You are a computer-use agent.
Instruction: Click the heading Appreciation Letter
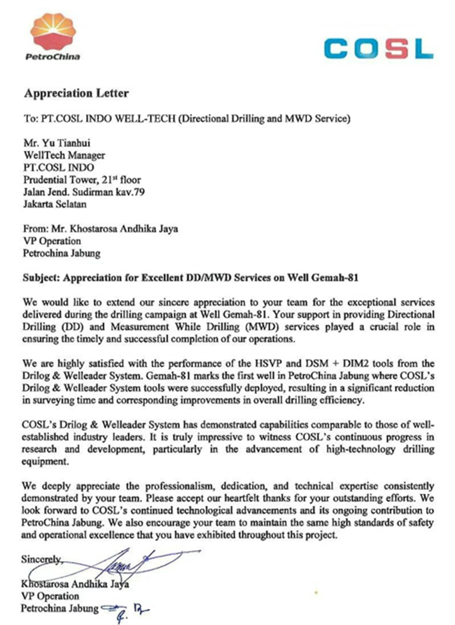[x=76, y=93]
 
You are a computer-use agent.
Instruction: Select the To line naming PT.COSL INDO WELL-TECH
[x=186, y=117]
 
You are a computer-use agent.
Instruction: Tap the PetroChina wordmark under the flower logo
[x=52, y=57]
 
